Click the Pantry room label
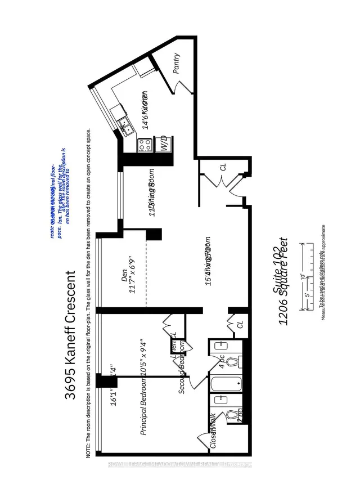[177, 63]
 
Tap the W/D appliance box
[164, 143]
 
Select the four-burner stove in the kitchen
[144, 145]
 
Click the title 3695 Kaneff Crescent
[70, 335]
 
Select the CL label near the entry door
[223, 167]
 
